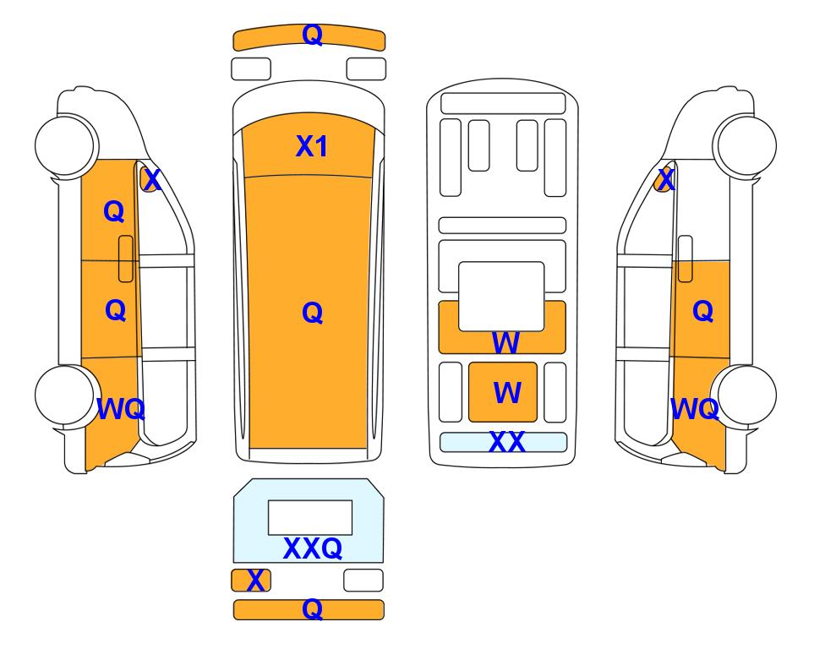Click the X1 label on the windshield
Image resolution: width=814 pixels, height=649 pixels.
311,146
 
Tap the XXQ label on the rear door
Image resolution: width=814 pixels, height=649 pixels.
313,548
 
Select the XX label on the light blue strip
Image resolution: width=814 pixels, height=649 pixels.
506,442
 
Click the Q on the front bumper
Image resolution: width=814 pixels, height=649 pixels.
313,35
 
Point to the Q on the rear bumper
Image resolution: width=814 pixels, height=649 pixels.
313,608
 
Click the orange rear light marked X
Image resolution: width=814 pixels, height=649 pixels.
251,580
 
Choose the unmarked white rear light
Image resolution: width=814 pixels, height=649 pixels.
363,580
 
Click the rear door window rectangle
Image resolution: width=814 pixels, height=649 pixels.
310,518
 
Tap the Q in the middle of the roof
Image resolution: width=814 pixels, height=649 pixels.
313,313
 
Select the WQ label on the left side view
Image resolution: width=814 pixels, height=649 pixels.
121,409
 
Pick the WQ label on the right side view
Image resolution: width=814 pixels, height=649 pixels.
695,409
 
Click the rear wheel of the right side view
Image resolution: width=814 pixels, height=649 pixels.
745,395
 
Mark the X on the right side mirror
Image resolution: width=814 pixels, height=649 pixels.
665,180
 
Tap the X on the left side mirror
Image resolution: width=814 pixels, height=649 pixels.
152,180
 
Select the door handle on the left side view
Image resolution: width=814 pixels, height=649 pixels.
126,259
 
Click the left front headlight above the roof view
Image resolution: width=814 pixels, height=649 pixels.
251,69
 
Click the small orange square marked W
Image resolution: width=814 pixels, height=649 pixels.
503,392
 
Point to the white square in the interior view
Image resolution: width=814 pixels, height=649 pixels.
501,296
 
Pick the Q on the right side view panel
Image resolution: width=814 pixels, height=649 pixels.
703,311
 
